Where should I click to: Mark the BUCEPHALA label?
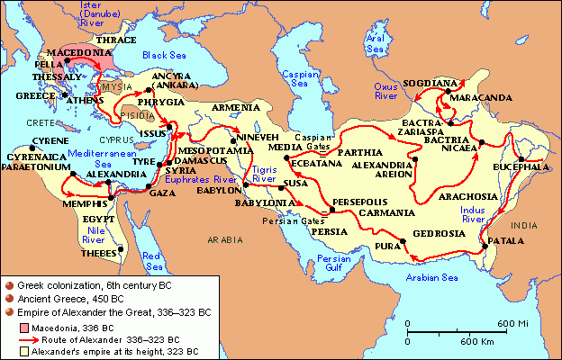tap(524, 166)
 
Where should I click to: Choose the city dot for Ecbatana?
tap(286, 157)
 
